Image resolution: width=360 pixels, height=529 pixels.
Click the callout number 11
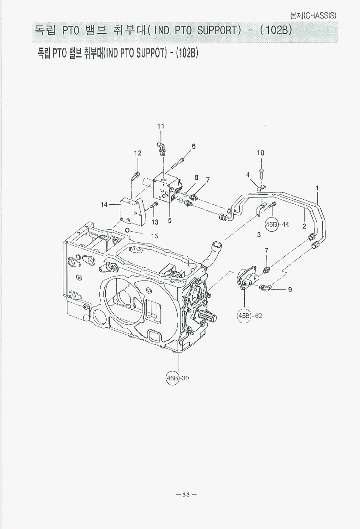pos(160,126)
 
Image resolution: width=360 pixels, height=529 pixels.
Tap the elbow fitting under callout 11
pos(161,147)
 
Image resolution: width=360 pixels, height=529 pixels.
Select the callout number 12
pos(138,153)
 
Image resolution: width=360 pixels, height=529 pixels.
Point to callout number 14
pos(104,204)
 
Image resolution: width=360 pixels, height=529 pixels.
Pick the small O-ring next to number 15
pos(129,231)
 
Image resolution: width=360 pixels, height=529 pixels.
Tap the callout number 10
pos(260,153)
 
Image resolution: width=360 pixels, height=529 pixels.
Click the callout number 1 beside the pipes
pos(317,187)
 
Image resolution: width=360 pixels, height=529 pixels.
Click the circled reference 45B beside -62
pos(244,316)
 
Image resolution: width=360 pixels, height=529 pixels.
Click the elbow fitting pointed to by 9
pos(266,287)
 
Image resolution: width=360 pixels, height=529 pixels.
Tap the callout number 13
pos(155,222)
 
